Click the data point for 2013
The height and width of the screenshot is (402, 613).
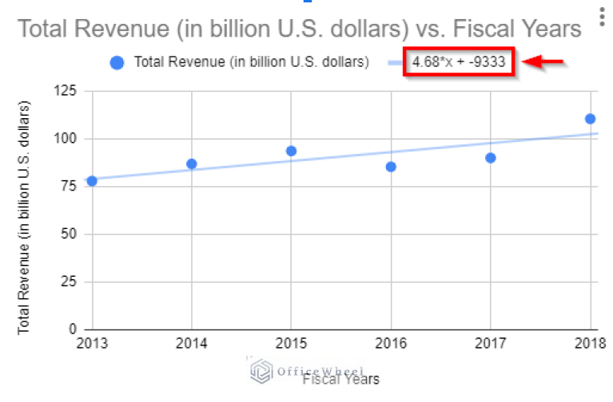[x=92, y=181]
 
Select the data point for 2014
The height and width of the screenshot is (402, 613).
[x=192, y=164]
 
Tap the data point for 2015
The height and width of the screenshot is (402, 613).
[x=291, y=151]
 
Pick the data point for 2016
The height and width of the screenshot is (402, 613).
[x=391, y=167]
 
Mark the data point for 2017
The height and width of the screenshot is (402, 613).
[x=491, y=158]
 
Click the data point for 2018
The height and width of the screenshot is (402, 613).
[x=590, y=119]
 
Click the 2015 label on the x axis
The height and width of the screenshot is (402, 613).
[x=291, y=345]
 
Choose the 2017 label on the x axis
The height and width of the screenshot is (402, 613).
[x=491, y=345]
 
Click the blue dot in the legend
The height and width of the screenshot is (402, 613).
[x=117, y=63]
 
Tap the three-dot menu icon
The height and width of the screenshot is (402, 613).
[x=600, y=18]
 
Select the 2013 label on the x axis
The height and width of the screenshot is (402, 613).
[x=92, y=345]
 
